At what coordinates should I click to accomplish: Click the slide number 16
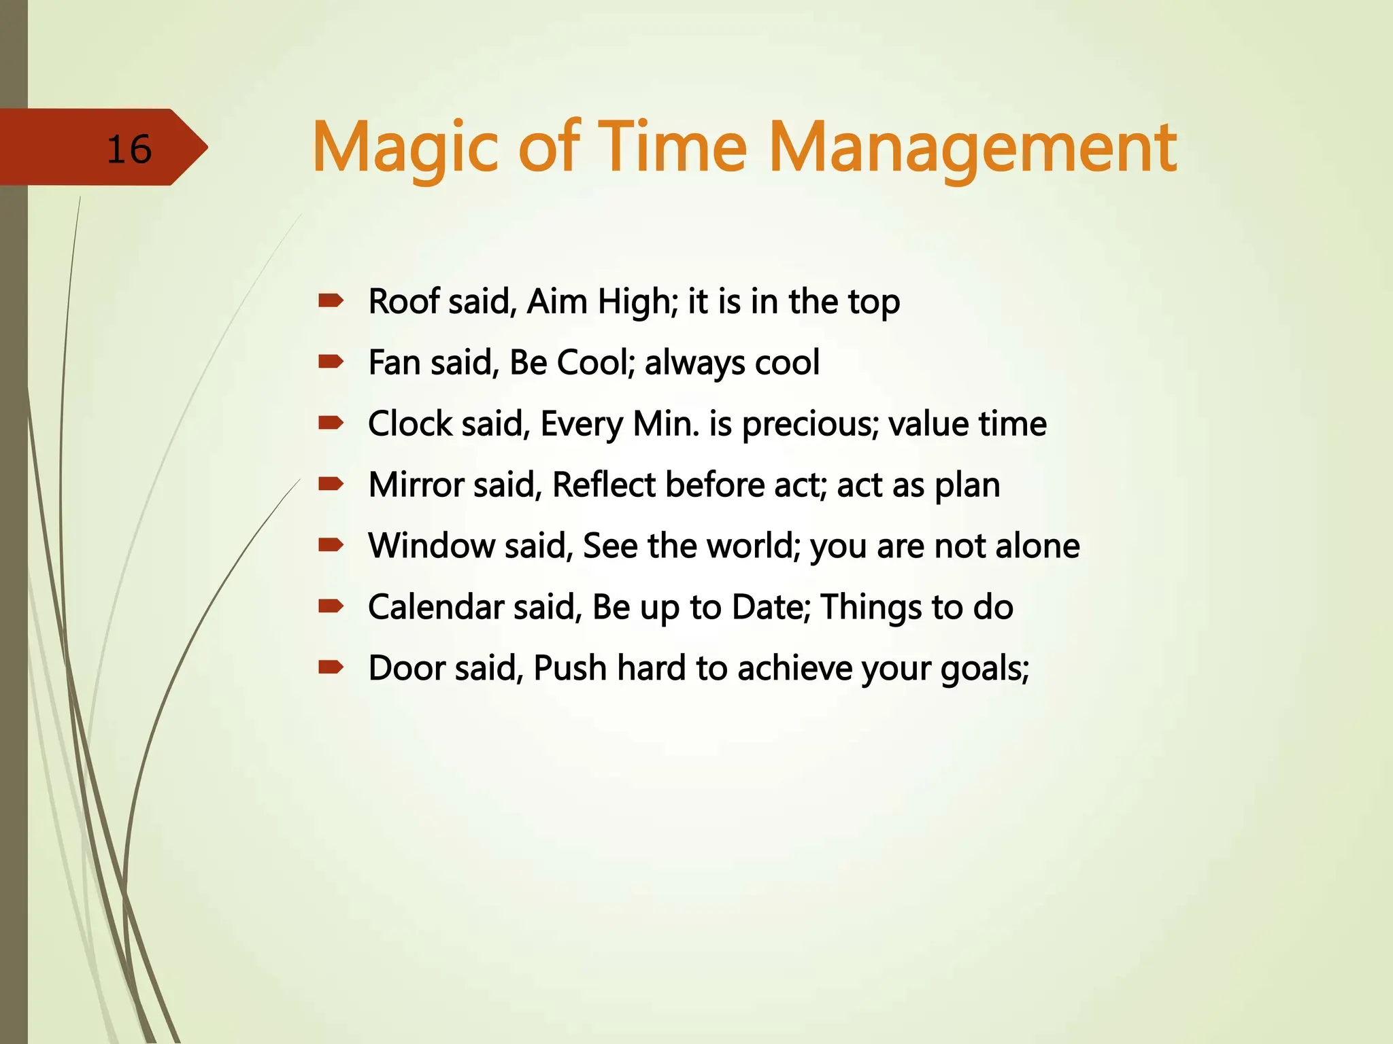tap(129, 150)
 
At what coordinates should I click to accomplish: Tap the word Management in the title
tap(973, 148)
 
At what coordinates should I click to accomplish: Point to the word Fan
tap(394, 362)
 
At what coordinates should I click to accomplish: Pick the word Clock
tap(410, 423)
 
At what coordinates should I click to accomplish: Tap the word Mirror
tap(416, 485)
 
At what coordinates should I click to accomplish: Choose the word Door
tap(406, 668)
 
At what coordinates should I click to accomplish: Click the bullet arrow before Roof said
tap(331, 301)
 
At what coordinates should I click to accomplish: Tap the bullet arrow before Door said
tap(331, 667)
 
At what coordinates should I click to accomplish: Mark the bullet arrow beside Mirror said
tap(331, 485)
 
